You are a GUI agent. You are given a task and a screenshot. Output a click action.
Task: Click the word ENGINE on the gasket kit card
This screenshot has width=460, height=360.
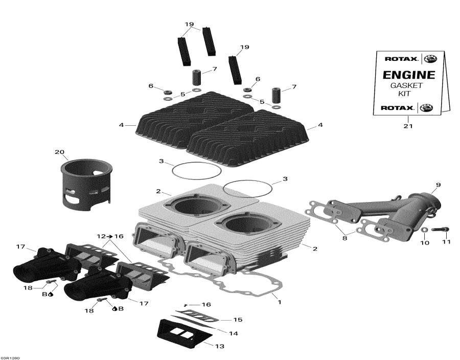(x=409, y=75)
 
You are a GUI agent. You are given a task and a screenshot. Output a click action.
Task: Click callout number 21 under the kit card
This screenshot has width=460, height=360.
(x=407, y=126)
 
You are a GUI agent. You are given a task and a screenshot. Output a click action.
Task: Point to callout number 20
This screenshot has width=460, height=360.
(x=60, y=152)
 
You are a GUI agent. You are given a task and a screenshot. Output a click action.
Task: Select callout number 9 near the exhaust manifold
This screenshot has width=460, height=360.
(x=438, y=184)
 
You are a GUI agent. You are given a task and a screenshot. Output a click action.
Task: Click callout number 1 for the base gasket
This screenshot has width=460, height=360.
(x=279, y=302)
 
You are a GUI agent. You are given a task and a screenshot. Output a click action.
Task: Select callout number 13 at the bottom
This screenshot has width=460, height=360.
(x=219, y=346)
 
